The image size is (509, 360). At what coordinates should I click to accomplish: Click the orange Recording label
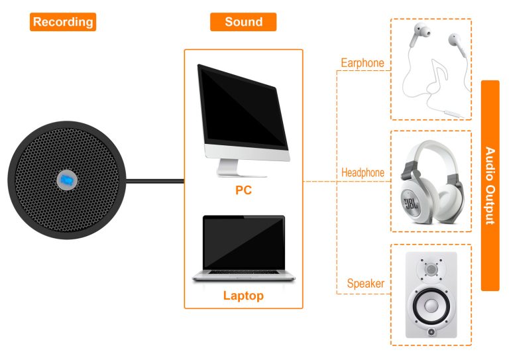click(63, 22)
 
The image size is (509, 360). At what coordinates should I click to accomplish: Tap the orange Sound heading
click(243, 22)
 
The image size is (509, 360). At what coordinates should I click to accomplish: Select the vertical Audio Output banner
click(490, 186)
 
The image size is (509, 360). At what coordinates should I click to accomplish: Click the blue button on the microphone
click(66, 180)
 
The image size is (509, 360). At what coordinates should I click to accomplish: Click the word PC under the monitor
click(243, 191)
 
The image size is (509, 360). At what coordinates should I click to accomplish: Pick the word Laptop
click(243, 296)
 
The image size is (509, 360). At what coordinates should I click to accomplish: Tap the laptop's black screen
click(243, 243)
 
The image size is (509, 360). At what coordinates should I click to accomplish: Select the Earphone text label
click(363, 64)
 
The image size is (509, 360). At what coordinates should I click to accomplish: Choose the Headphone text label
click(363, 173)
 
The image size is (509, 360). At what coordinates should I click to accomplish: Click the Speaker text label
click(366, 284)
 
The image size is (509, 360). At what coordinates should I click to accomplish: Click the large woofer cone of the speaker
click(431, 307)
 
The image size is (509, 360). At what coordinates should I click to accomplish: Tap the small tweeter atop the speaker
click(431, 270)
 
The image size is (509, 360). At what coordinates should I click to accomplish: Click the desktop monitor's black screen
click(242, 106)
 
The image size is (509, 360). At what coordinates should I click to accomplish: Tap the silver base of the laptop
click(243, 277)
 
